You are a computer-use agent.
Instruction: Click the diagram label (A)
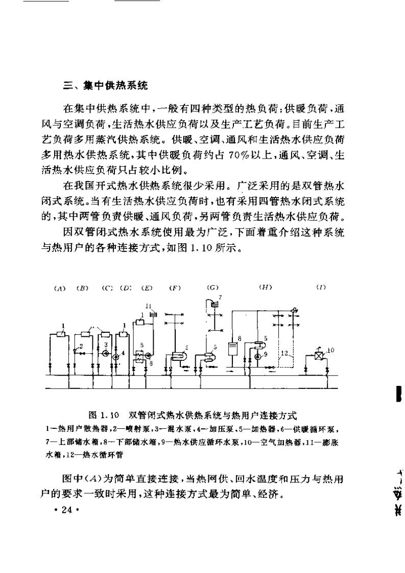tap(60, 288)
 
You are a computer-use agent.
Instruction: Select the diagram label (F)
tap(175, 288)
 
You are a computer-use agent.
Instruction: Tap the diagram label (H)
tap(265, 288)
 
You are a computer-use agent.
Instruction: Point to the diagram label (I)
tap(321, 288)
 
